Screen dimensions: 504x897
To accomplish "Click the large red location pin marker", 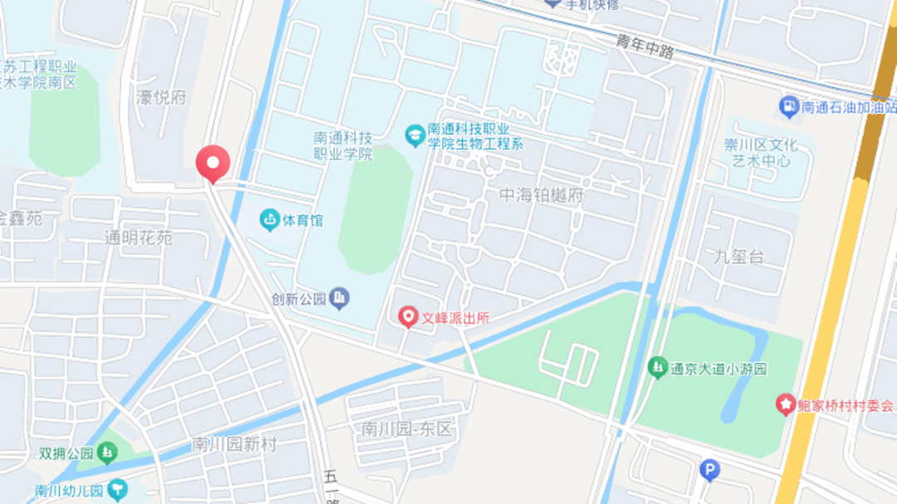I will point(213,162).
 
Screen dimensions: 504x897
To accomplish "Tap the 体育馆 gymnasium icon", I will point(269,220).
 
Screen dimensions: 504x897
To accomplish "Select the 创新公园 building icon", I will point(339,298).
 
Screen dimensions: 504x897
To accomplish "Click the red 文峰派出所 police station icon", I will point(408,316).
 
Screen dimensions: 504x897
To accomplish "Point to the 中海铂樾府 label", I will point(542,196).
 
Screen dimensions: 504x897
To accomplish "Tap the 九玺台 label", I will point(738,257).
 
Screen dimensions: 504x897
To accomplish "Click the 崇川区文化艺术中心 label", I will point(761,153).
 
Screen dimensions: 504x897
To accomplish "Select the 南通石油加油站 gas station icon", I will point(788,106).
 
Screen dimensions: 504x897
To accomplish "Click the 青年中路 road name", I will point(645,47).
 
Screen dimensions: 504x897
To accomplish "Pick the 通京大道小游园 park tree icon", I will point(657,365).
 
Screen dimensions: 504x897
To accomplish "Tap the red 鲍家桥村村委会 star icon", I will point(785,404).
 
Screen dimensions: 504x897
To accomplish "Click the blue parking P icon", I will point(708,471).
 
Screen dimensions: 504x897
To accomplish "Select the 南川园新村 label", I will point(233,444).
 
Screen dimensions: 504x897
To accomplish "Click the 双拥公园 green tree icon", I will point(106,453).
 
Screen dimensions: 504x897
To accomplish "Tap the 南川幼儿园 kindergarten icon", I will point(117,490).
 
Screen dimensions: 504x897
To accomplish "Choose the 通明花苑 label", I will point(138,237).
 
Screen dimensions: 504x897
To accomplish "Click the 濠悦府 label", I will point(161,97).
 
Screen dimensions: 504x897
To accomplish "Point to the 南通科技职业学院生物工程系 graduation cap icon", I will point(414,135).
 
